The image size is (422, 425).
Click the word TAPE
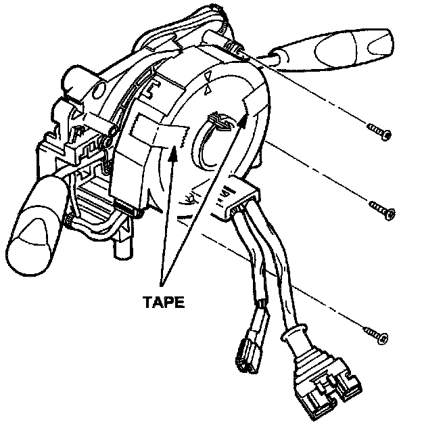pos(162,303)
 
